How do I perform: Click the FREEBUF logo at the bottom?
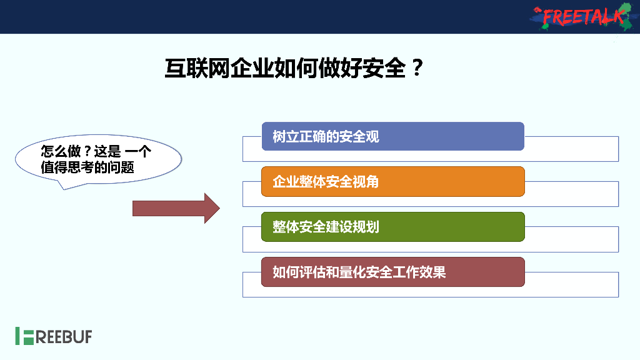pyautogui.click(x=54, y=336)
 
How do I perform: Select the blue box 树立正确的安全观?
pyautogui.click(x=392, y=136)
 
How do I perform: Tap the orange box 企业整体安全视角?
pyautogui.click(x=392, y=181)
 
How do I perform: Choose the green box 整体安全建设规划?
pyautogui.click(x=392, y=226)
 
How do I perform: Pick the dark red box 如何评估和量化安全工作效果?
pyautogui.click(x=392, y=272)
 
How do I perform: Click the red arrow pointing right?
pyautogui.click(x=176, y=208)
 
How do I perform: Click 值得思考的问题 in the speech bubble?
pyautogui.click(x=87, y=167)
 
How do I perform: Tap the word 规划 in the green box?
pyautogui.click(x=367, y=227)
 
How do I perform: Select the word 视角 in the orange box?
pyautogui.click(x=367, y=182)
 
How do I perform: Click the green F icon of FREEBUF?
pyautogui.click(x=24, y=336)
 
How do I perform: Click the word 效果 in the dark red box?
pyautogui.click(x=435, y=272)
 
